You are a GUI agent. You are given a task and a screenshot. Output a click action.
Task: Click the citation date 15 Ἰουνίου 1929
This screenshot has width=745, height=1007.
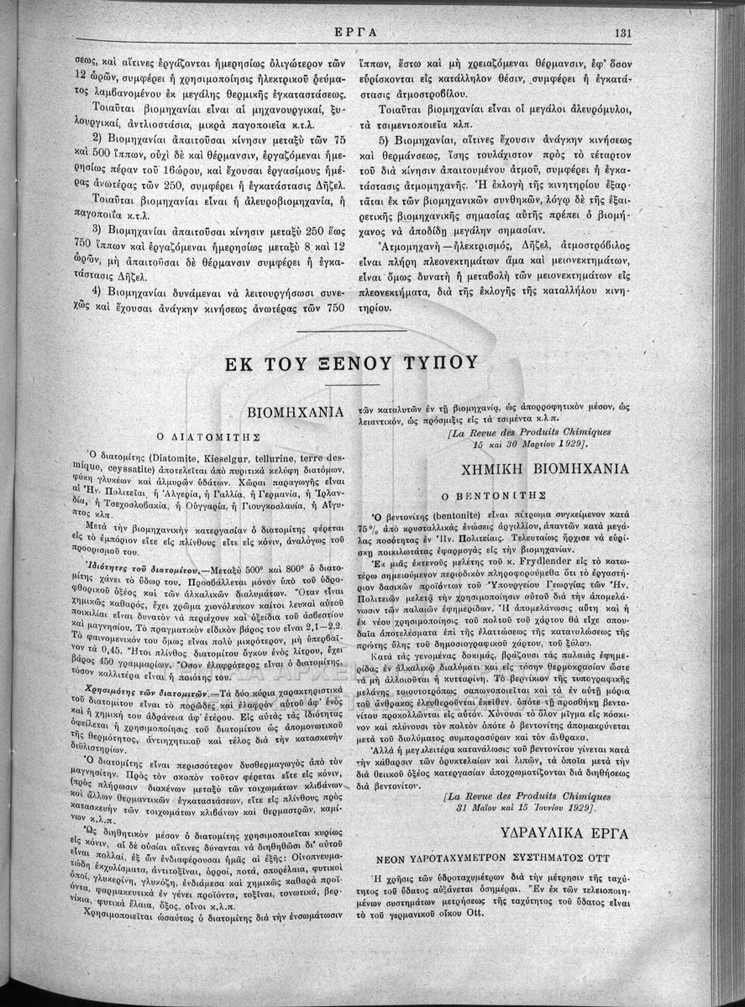coord(569,806)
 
